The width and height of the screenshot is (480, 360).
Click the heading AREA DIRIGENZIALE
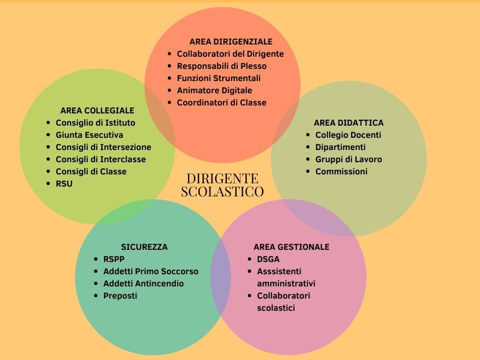point(231,42)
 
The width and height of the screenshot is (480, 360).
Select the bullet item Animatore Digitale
point(214,90)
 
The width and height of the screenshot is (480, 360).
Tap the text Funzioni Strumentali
point(218,78)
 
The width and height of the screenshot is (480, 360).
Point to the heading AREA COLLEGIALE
point(97,111)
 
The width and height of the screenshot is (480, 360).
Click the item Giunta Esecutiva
point(90,135)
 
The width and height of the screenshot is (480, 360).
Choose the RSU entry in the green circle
point(64,184)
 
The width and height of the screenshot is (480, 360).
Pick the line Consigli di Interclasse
point(101,159)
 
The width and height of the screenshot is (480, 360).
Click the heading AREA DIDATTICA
point(348,123)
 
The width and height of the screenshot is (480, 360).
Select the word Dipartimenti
point(340,147)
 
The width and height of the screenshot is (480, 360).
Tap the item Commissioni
point(341,172)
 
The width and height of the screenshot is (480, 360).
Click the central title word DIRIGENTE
point(222,179)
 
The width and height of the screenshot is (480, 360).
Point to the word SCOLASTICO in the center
point(222,191)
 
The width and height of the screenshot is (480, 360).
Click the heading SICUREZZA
point(144,247)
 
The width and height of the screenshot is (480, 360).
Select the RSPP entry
point(114,259)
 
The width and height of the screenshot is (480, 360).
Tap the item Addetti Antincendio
point(143,284)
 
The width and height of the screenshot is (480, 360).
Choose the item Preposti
point(120,296)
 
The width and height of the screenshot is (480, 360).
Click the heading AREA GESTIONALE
point(291,247)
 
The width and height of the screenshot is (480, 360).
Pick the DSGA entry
point(268,259)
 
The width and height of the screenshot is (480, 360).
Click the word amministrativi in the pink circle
point(286,284)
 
